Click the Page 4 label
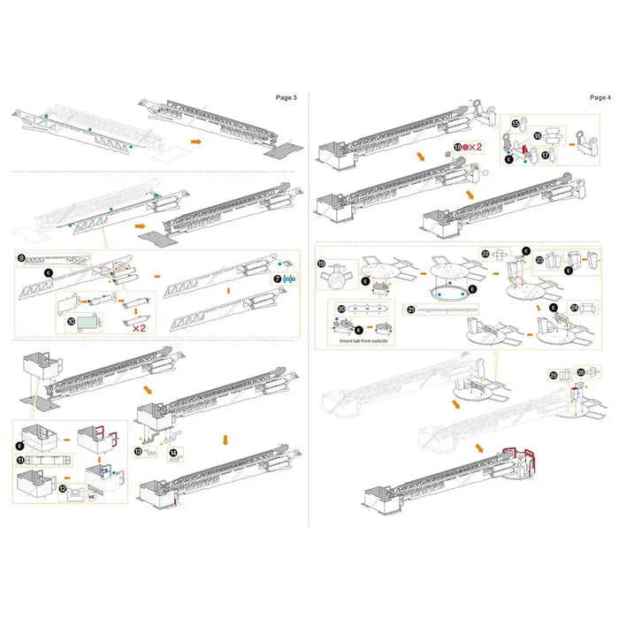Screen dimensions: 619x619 pos(599,96)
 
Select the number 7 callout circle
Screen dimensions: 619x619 pos(277,278)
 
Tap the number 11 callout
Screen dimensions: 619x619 pos(19,461)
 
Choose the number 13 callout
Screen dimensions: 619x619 pos(139,451)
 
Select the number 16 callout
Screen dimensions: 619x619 pos(537,136)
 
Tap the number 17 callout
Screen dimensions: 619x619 pos(546,153)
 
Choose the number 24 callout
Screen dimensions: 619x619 pos(575,309)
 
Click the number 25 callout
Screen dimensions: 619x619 pos(553,375)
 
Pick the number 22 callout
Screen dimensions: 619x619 pos(485,254)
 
